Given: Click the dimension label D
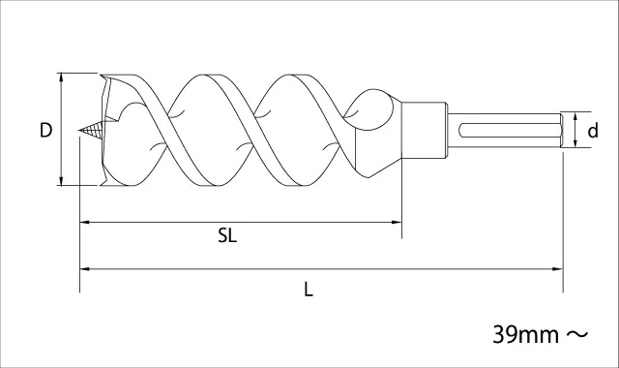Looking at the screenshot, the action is click(45, 130).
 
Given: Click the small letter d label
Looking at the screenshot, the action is click(593, 130).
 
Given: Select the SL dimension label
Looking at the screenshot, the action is click(227, 236).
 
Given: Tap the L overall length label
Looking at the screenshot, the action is click(309, 290).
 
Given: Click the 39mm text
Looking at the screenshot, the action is click(526, 335).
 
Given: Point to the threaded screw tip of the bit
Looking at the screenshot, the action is click(90, 130).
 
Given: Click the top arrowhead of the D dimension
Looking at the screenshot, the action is click(61, 77).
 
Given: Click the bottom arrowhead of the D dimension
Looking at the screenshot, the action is click(61, 180).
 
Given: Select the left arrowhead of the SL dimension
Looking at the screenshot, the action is click(84, 222).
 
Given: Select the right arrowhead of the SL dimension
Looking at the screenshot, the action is click(398, 222).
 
